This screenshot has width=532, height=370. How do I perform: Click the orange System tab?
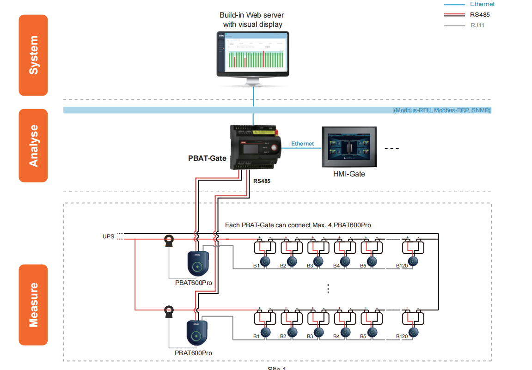(33, 55)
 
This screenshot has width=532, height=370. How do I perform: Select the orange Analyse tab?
(33, 146)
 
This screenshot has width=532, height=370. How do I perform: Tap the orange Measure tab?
(33, 305)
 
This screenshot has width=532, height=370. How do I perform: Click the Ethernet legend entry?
(482, 4)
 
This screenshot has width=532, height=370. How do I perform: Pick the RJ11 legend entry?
(477, 25)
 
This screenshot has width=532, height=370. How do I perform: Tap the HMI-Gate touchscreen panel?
(349, 147)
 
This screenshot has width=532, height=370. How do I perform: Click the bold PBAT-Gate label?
(207, 158)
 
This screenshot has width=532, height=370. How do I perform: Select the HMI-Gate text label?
(349, 174)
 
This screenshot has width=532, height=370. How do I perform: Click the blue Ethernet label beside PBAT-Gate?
(302, 144)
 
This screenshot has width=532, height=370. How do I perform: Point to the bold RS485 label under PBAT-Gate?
(262, 181)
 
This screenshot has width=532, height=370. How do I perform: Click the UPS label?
(108, 237)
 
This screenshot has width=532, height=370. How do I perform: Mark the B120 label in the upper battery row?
(402, 266)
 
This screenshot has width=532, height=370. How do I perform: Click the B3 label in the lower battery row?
(310, 336)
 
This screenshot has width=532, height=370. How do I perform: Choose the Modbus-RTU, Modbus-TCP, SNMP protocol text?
(442, 110)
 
